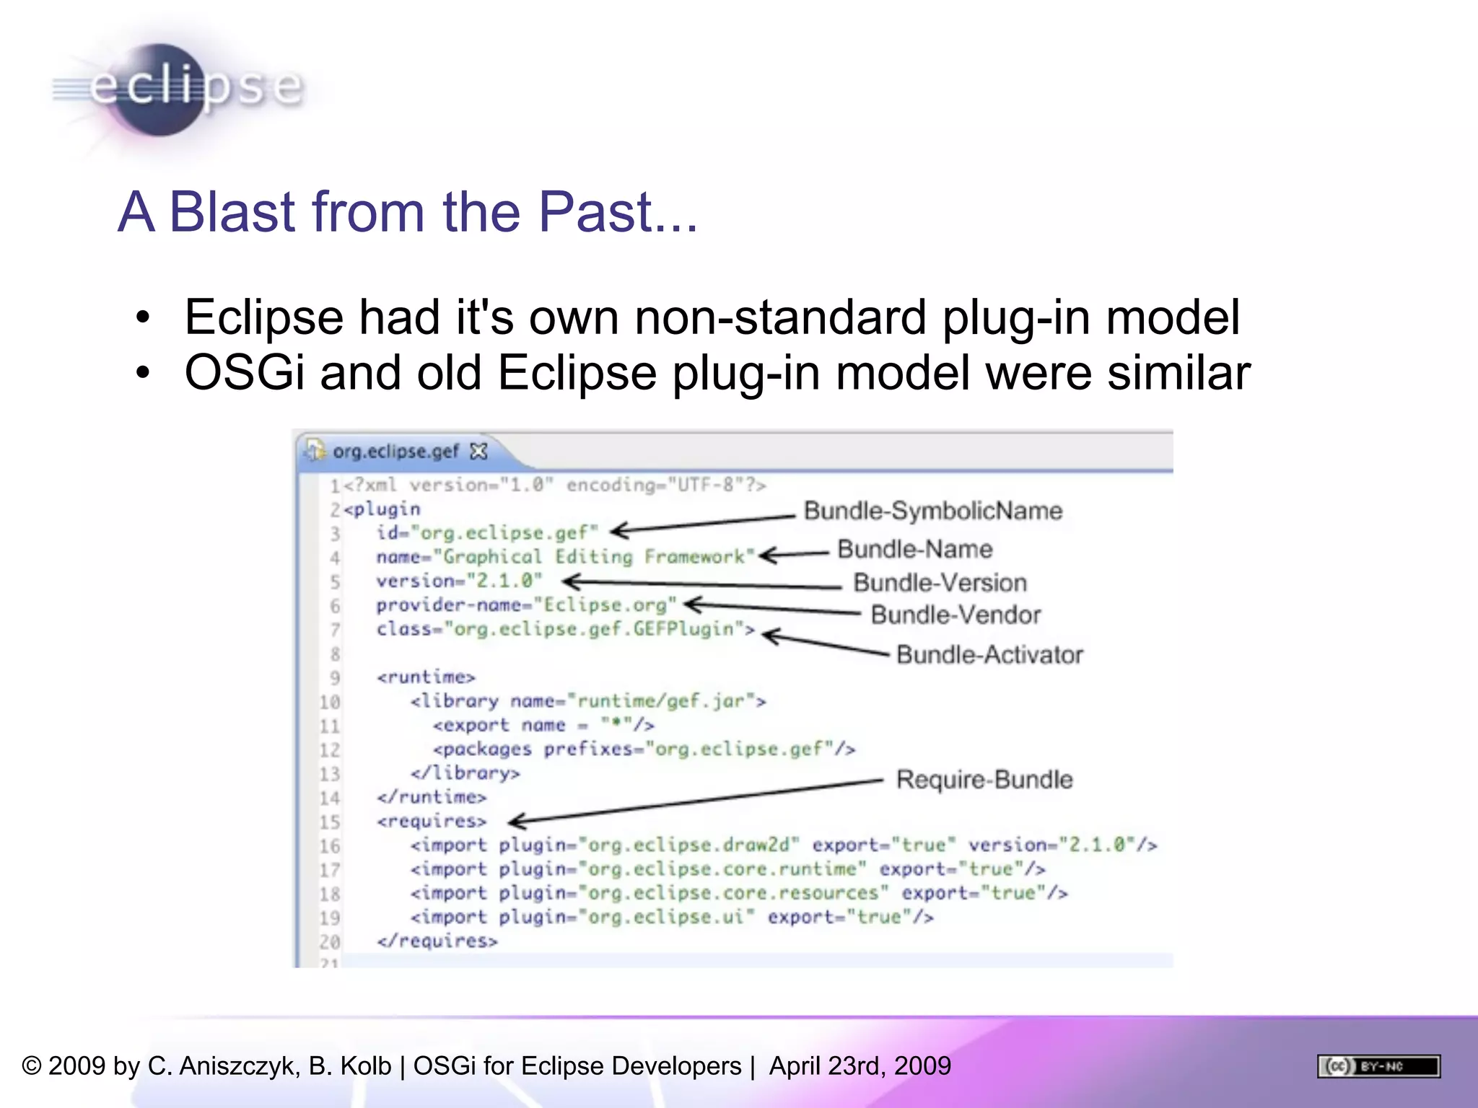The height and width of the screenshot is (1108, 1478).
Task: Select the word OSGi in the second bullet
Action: pos(245,373)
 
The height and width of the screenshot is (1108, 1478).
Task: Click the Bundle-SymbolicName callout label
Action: pos(932,511)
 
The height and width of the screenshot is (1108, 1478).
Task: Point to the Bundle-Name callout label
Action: pos(914,550)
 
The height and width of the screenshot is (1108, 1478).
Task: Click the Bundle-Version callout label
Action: pos(940,583)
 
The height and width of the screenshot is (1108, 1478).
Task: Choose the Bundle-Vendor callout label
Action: pos(956,615)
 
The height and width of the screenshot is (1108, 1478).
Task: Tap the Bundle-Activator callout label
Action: pos(989,655)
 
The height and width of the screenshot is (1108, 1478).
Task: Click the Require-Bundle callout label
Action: pos(984,780)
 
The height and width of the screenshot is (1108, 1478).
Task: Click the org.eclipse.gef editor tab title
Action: pos(395,452)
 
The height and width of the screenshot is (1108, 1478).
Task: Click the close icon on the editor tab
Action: pos(478,452)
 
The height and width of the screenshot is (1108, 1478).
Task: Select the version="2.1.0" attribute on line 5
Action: pos(458,581)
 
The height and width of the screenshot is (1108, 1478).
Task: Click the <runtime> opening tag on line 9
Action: pos(426,677)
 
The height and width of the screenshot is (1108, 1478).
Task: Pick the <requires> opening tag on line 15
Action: pos(431,822)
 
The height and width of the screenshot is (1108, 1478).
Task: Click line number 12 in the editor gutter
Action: pos(329,750)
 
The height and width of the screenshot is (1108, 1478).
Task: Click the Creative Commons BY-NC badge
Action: pos(1378,1066)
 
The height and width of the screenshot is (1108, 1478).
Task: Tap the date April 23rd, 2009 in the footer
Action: pos(860,1066)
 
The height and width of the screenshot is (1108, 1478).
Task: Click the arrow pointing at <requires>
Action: pos(693,801)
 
